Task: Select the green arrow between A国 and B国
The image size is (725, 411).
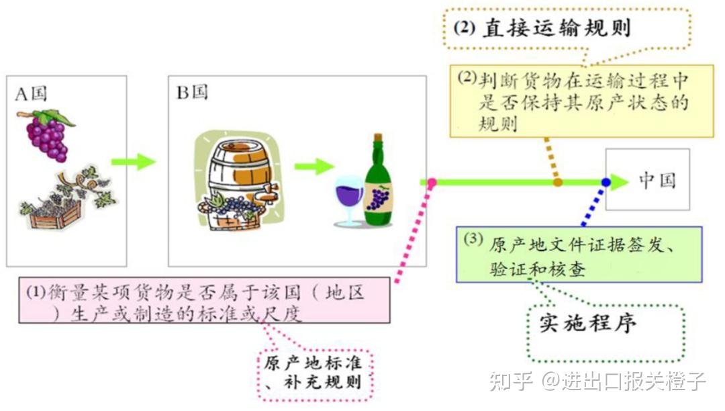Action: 133,162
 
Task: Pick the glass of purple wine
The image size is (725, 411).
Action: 348,198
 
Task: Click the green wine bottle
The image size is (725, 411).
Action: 378,185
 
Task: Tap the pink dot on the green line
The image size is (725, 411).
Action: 432,182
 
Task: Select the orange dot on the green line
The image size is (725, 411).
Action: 557,181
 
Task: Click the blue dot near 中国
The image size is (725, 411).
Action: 606,181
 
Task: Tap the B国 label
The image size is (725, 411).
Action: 192,93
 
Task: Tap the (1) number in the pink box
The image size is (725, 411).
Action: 36,293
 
